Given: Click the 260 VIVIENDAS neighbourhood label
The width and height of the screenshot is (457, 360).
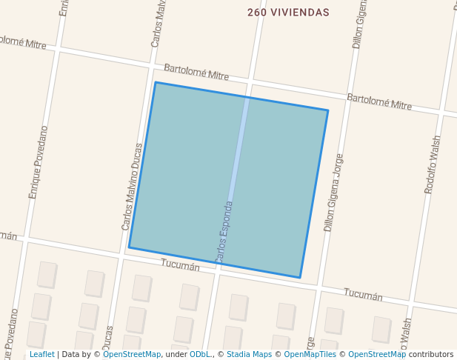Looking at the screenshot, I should [x=288, y=13].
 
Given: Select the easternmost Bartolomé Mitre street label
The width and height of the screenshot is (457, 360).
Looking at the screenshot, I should [x=379, y=101].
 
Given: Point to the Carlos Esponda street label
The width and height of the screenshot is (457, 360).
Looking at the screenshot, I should [x=224, y=232].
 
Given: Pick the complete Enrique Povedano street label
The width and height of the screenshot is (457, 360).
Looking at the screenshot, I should [x=38, y=162].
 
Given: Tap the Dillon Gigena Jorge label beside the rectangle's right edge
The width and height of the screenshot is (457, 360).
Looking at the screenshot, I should [x=333, y=193].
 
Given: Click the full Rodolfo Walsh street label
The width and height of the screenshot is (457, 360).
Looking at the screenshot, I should [x=432, y=164].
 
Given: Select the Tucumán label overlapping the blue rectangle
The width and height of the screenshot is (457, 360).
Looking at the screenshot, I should [x=181, y=265].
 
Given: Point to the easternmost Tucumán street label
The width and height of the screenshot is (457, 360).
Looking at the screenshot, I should [x=363, y=295].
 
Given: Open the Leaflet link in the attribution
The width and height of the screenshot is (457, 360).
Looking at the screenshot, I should [x=41, y=355].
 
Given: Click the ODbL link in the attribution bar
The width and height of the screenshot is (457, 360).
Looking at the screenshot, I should [x=200, y=355].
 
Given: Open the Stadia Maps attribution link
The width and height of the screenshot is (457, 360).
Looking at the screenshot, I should [x=249, y=355].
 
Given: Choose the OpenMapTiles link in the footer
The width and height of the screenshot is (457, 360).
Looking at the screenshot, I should [x=310, y=355].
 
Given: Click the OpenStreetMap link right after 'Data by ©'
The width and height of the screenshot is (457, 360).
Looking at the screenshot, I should [x=132, y=355].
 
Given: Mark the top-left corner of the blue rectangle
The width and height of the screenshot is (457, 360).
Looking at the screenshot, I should [x=155, y=82].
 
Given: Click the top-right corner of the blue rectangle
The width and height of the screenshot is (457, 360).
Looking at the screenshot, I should [x=328, y=110].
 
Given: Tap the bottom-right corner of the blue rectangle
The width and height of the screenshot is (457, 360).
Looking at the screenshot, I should [x=300, y=278].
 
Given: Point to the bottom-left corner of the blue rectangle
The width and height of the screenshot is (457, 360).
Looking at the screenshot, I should [x=129, y=247].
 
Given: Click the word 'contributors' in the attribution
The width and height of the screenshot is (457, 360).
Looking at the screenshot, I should [x=431, y=355].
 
